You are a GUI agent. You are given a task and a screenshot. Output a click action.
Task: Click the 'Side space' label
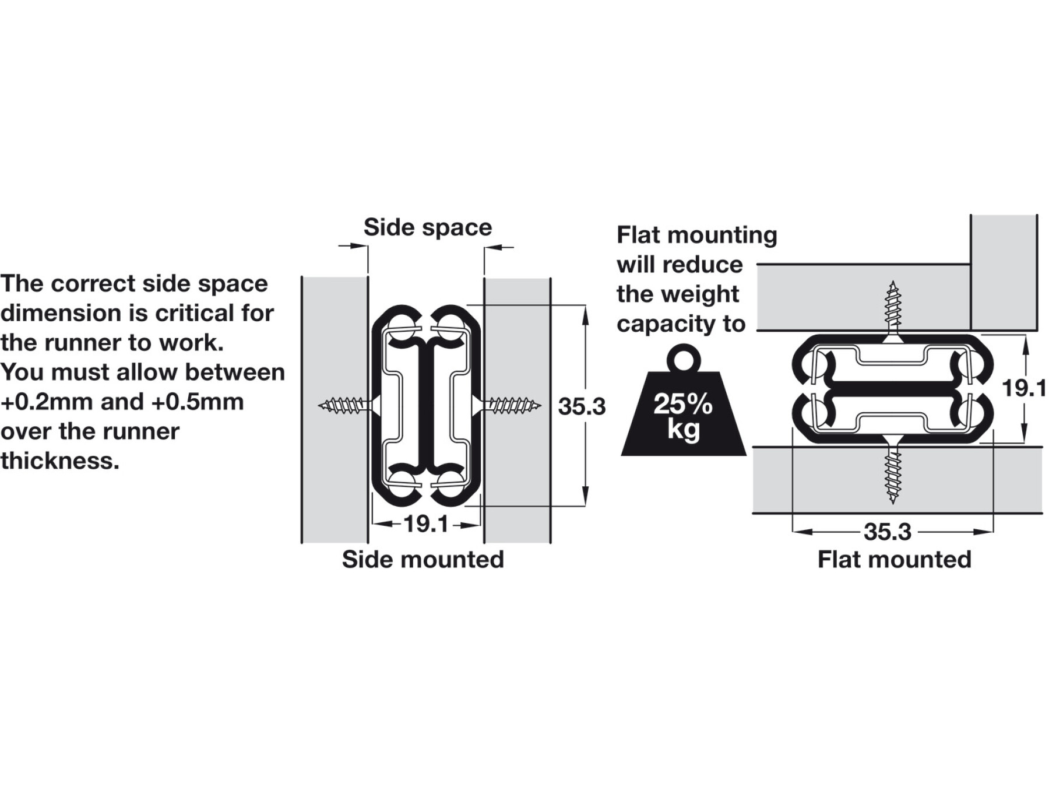coord(428,227)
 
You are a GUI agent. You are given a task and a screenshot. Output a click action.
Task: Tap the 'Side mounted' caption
coord(423,559)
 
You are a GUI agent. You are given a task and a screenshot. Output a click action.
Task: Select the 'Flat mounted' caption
coord(894,559)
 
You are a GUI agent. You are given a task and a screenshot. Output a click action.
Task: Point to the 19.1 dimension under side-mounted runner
coord(426,524)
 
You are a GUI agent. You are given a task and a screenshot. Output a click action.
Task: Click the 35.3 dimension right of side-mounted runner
coord(581,407)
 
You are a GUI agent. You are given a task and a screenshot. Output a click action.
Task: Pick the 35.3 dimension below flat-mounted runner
coord(887,532)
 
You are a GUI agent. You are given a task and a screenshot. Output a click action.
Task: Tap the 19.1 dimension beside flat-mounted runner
coord(1023,388)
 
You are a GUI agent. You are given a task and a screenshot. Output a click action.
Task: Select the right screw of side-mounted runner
coord(512,405)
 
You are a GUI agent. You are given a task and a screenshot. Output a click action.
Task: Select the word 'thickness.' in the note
coord(59,461)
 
